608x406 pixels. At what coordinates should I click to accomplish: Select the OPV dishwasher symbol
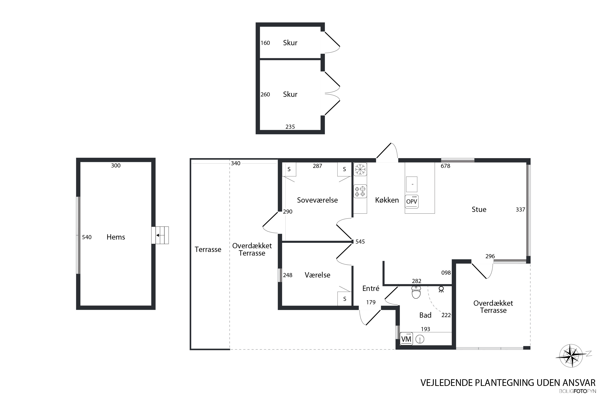(x=412, y=201)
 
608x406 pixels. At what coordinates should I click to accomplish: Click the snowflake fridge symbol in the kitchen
(x=360, y=169)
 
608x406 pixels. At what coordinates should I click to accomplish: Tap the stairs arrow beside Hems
(x=160, y=235)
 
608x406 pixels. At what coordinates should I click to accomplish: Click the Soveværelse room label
(x=317, y=200)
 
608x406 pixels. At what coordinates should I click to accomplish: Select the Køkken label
(x=387, y=200)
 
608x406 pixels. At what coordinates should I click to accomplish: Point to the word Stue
(x=479, y=209)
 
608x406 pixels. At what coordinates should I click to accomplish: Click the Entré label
(x=371, y=288)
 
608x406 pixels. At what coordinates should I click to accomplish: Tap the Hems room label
(x=116, y=237)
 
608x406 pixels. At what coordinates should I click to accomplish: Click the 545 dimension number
(x=360, y=242)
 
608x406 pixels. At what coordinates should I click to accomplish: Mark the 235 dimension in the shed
(x=290, y=127)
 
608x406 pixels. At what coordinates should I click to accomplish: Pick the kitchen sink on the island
(x=412, y=184)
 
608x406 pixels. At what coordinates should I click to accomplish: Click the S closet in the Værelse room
(x=345, y=299)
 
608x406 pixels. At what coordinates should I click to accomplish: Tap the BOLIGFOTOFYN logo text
(x=577, y=391)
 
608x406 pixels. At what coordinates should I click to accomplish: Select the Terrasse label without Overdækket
(x=208, y=250)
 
